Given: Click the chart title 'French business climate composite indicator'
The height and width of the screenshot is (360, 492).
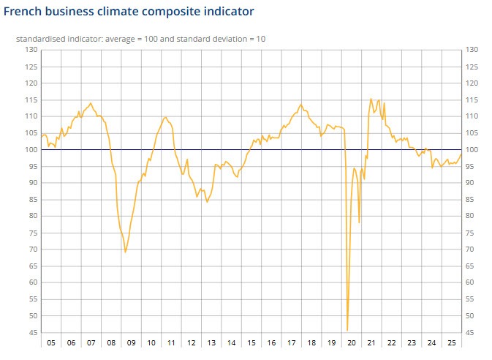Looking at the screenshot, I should tap(129, 12).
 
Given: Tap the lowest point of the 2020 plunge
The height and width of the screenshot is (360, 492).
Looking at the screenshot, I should tap(347, 330).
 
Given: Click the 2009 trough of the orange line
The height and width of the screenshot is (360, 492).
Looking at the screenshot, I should tap(126, 252).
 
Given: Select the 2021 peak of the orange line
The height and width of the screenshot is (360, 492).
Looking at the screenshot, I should tap(371, 99).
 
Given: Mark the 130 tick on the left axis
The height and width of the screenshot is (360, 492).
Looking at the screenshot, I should tap(31, 50).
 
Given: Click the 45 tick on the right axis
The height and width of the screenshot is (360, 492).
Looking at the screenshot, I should tap(471, 333).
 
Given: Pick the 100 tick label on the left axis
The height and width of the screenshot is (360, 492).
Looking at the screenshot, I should tap(31, 150).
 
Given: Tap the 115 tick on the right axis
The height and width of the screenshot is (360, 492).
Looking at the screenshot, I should tap(471, 100).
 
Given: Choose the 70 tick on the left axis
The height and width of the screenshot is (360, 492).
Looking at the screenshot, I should tap(32, 250).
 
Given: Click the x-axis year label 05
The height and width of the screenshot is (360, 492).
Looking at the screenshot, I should tap(50, 342).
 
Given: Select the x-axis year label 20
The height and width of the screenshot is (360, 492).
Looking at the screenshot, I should tap(351, 342).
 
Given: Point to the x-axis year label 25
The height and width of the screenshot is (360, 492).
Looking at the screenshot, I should tap(451, 342).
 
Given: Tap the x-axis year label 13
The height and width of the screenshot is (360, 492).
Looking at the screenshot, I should tap(211, 342).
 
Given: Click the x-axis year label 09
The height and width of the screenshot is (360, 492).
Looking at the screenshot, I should tap(131, 342).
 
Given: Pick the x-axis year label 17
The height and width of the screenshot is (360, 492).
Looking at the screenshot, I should tap(291, 342).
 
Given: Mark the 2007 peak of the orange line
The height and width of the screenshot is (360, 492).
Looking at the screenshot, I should tap(91, 103).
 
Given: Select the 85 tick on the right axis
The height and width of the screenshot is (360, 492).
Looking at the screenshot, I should tap(471, 200).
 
